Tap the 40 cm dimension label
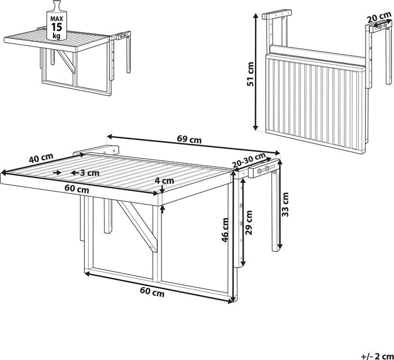point(41,159)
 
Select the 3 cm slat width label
point(89,172)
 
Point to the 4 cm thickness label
point(164,180)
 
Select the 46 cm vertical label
point(225,232)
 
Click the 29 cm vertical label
point(250,222)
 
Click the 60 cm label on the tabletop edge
point(76,190)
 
